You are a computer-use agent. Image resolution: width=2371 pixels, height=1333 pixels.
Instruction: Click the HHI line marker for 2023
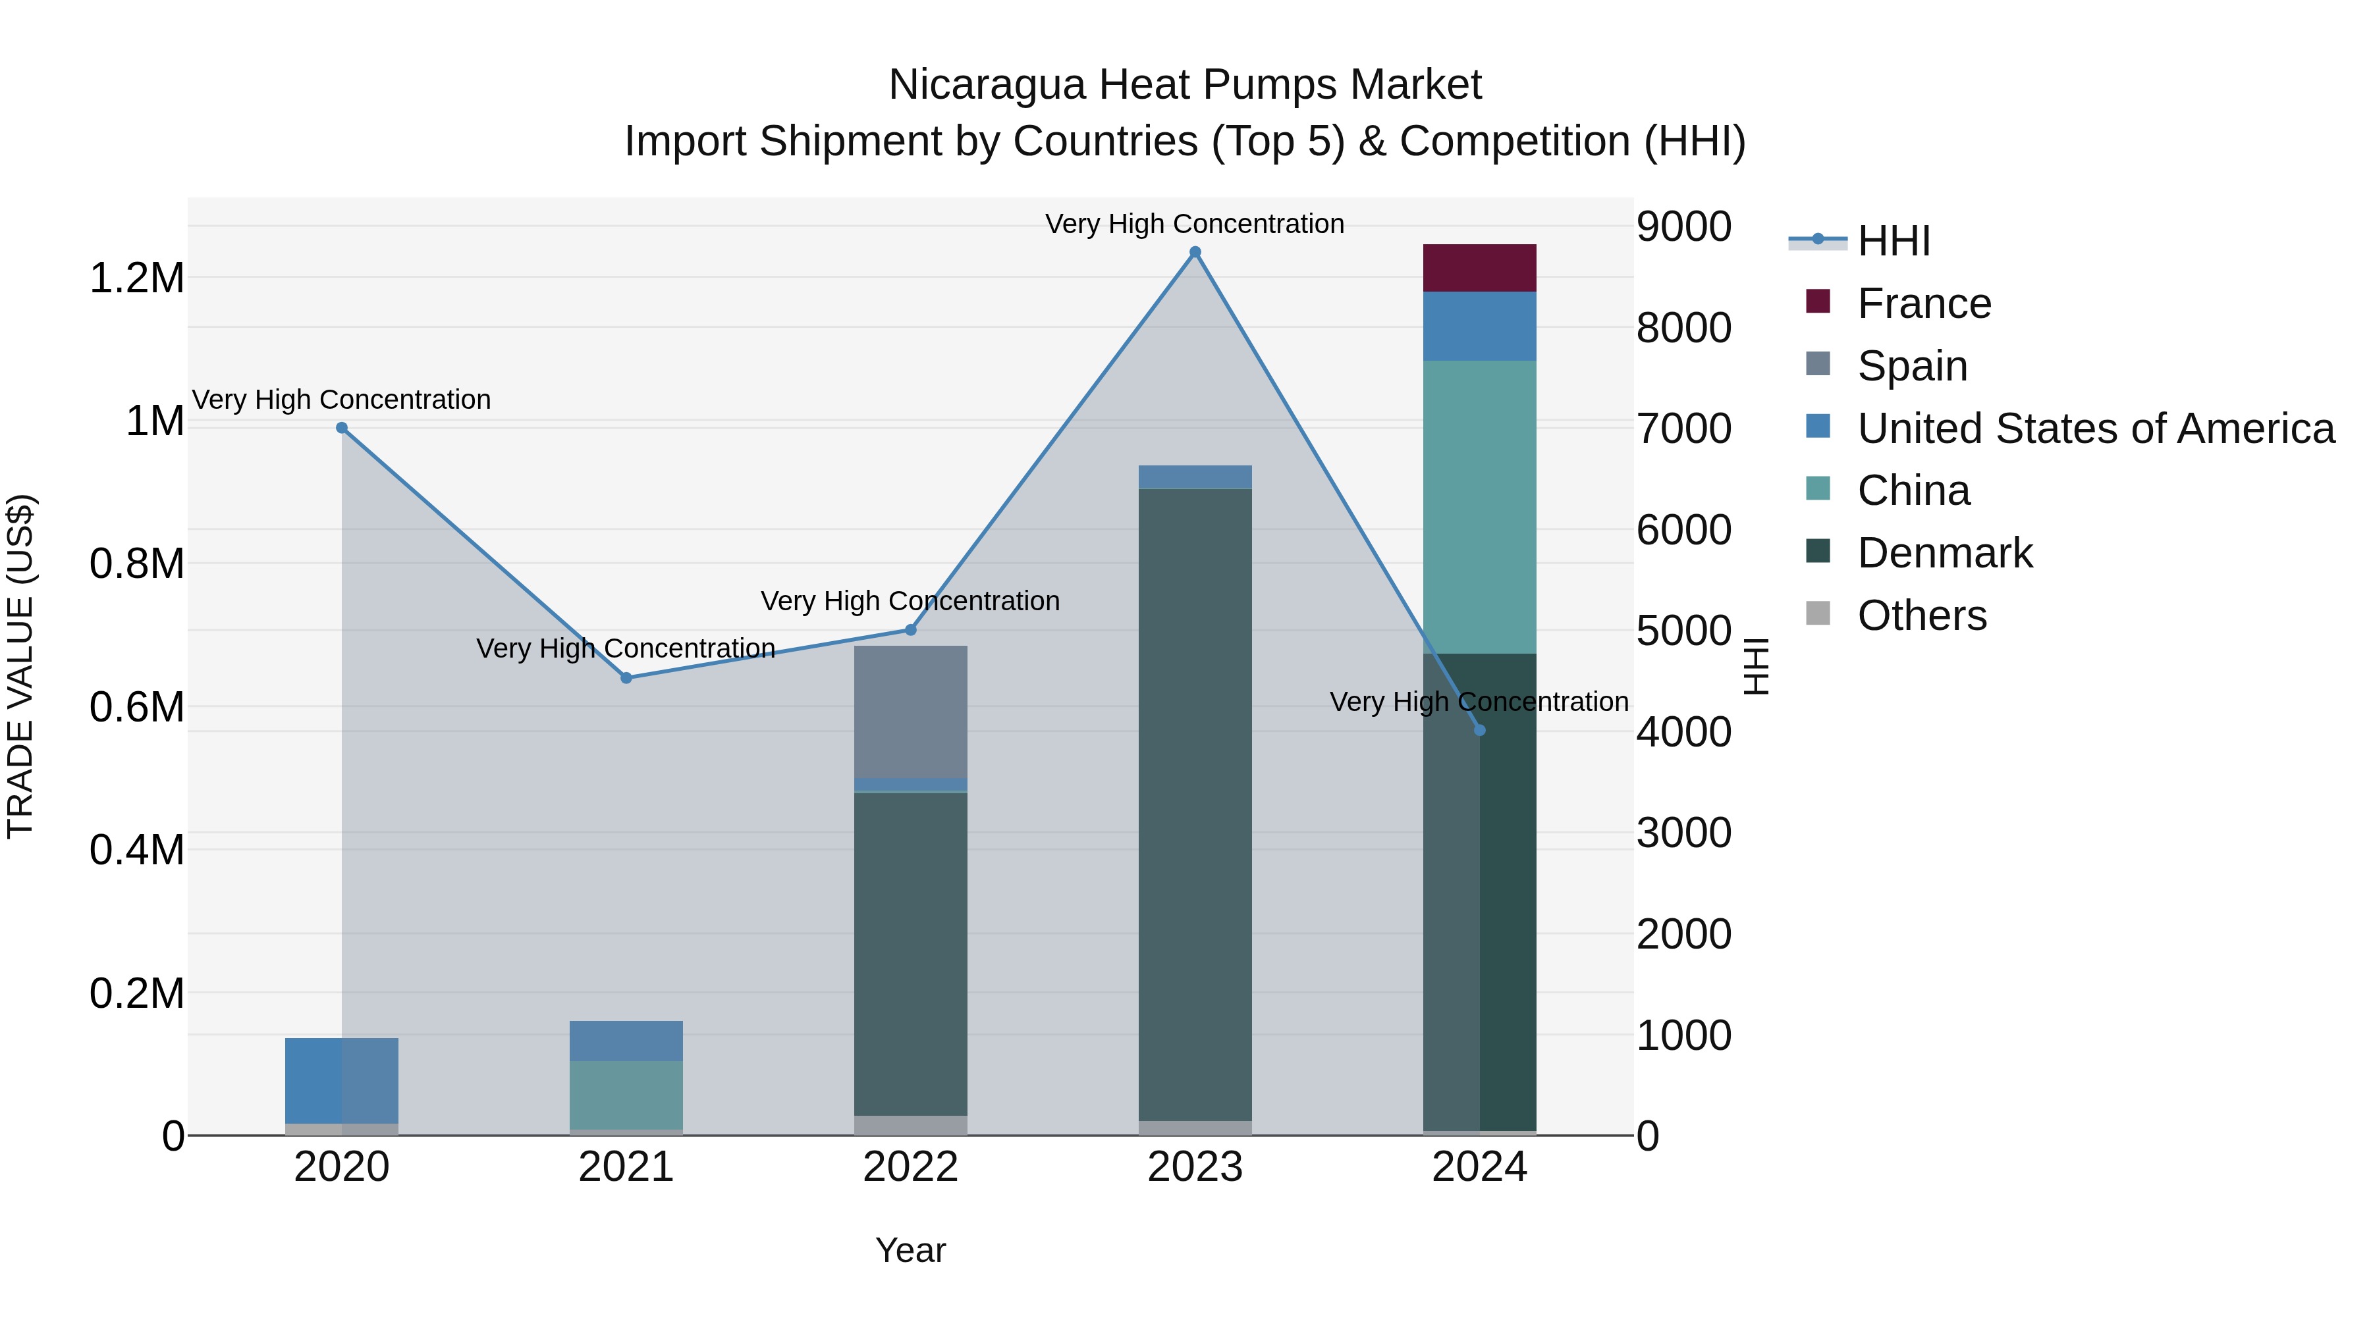1195,252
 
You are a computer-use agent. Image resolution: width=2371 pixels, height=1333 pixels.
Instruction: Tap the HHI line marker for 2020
341,428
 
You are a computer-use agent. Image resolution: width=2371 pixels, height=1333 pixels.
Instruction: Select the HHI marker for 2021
626,678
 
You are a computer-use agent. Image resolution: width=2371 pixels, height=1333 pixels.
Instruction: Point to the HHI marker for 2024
1479,731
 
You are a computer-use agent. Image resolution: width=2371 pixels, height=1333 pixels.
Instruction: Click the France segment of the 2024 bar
1479,268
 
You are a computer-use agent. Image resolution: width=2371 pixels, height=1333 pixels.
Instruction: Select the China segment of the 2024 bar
1479,507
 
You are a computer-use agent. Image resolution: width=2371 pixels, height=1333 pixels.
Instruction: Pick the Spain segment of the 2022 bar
910,711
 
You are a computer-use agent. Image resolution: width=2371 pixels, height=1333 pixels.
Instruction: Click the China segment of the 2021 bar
626,1095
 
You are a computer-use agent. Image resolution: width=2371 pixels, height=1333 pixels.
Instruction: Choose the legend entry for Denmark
1944,553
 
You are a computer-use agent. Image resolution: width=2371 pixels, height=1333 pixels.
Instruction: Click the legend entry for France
1924,303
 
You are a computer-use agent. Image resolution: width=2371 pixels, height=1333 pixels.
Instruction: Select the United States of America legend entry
2095,429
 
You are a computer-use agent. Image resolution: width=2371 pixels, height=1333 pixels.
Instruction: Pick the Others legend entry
1921,615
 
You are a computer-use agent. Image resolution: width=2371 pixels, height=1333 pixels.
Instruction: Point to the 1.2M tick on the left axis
137,278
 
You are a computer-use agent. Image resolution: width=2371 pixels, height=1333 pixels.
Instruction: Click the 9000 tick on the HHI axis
1683,226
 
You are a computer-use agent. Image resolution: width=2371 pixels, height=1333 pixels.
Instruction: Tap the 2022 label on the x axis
910,1167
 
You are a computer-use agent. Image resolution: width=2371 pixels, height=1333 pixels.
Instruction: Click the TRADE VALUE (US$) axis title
20,666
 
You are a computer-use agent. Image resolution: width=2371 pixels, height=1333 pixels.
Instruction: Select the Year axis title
910,1250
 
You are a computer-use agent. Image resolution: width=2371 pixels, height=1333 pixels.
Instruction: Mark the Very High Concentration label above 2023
1195,224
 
